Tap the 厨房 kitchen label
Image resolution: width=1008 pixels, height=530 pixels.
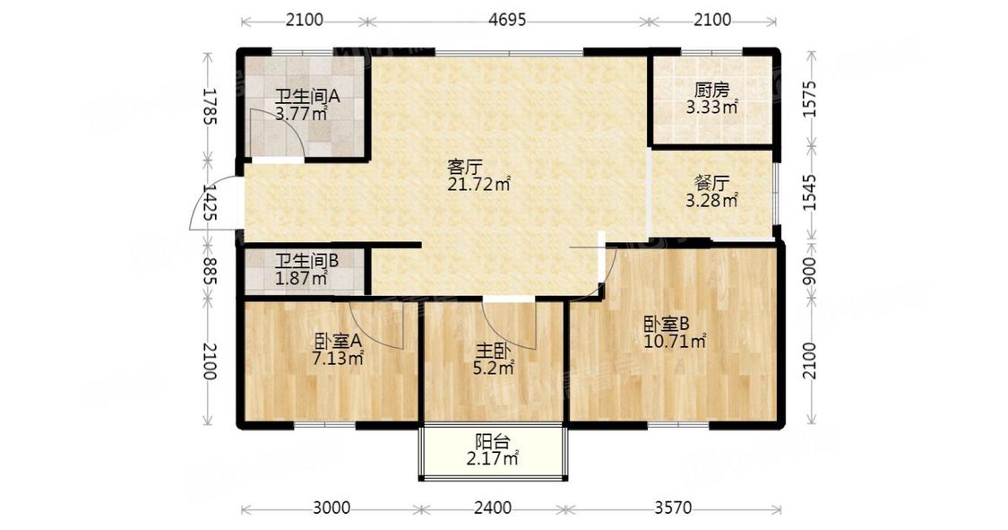(x=711, y=90)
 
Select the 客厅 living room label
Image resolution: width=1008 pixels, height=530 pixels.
(x=465, y=167)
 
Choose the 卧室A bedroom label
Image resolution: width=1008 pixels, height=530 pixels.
(x=337, y=342)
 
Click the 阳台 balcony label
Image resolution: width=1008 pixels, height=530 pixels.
(x=493, y=442)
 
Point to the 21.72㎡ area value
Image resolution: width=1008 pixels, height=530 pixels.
(x=478, y=185)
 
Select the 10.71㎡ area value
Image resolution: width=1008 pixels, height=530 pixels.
(x=676, y=341)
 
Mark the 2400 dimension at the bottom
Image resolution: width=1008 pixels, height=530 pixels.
(x=493, y=508)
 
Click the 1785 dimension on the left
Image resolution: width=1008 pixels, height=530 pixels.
(x=209, y=107)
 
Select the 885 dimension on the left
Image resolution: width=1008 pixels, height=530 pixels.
(x=209, y=271)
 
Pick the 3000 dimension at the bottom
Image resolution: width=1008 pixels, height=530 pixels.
(x=331, y=508)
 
